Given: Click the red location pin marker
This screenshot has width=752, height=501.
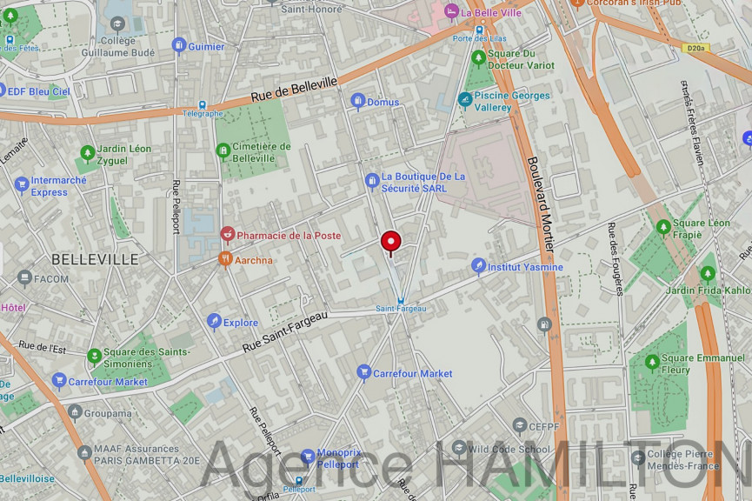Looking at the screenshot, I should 390,241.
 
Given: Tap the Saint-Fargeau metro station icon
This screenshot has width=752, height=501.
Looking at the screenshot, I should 400,300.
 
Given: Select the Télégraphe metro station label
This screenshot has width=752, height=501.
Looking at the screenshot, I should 203,113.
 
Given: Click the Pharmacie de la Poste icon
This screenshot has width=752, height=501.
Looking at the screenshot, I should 228,235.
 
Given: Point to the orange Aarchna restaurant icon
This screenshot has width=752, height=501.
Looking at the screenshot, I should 225,259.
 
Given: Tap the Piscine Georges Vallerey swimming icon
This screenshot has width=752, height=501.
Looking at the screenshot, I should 465,100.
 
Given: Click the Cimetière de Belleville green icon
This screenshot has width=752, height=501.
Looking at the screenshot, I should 223,151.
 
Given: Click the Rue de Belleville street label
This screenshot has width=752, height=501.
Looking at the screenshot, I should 294,90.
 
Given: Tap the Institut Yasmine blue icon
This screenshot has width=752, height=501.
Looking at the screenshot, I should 477,266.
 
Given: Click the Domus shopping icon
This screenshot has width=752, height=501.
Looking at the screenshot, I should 357,102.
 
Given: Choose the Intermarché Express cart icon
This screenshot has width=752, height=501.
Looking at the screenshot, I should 22,185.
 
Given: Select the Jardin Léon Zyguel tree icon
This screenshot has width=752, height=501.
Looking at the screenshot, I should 87,154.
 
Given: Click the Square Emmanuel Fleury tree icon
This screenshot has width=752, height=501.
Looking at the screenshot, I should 652,363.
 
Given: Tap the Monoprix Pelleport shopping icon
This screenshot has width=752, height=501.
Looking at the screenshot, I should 307,458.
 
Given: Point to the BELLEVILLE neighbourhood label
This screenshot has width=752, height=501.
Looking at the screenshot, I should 95,259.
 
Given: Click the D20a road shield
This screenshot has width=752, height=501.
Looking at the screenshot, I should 695,49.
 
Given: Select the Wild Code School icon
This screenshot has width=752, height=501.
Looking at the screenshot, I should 458,449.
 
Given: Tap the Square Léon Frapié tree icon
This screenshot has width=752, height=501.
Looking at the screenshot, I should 663,228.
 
